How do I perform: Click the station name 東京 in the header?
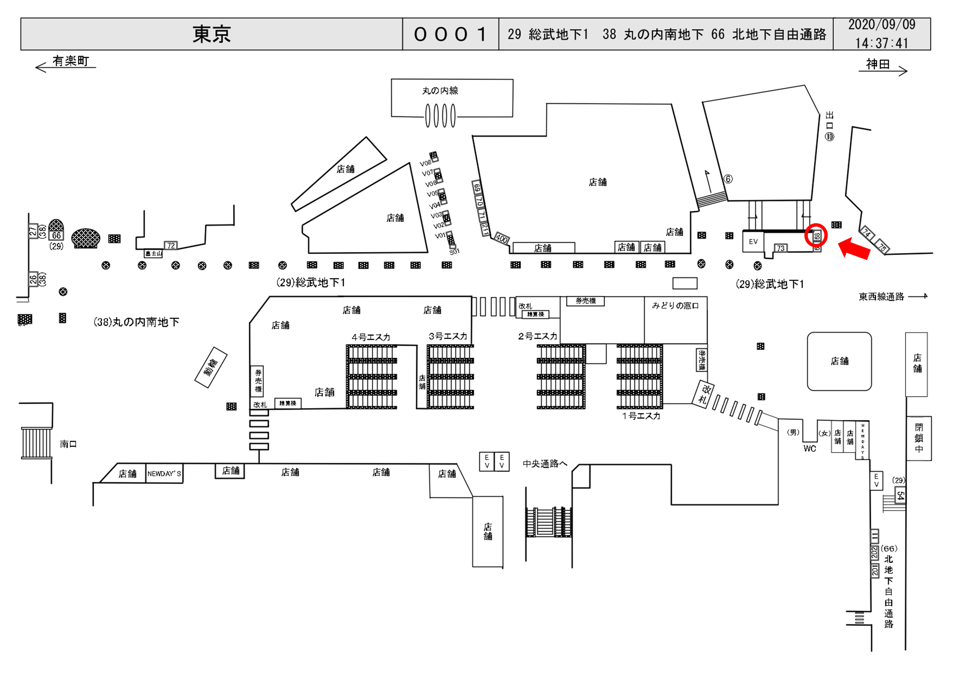tap(211, 34)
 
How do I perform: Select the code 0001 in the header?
tap(450, 34)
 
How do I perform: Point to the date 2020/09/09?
tap(881, 25)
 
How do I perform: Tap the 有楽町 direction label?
tap(71, 61)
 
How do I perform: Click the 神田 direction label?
tap(878, 64)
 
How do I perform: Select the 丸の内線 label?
tap(440, 91)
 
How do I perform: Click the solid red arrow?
tap(855, 249)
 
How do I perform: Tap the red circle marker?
tap(816, 235)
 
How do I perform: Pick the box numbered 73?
tap(780, 248)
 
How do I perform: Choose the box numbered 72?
tap(171, 246)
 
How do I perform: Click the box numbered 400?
tap(501, 239)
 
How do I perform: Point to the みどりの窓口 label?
tap(675, 306)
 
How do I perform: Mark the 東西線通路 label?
tap(881, 297)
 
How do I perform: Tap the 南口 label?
tap(68, 444)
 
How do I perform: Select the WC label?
tap(809, 448)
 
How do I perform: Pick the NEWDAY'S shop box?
tap(164, 473)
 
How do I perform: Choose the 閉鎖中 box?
tap(919, 438)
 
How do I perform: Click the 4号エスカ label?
tap(371, 337)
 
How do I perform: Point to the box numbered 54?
tap(900, 496)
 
